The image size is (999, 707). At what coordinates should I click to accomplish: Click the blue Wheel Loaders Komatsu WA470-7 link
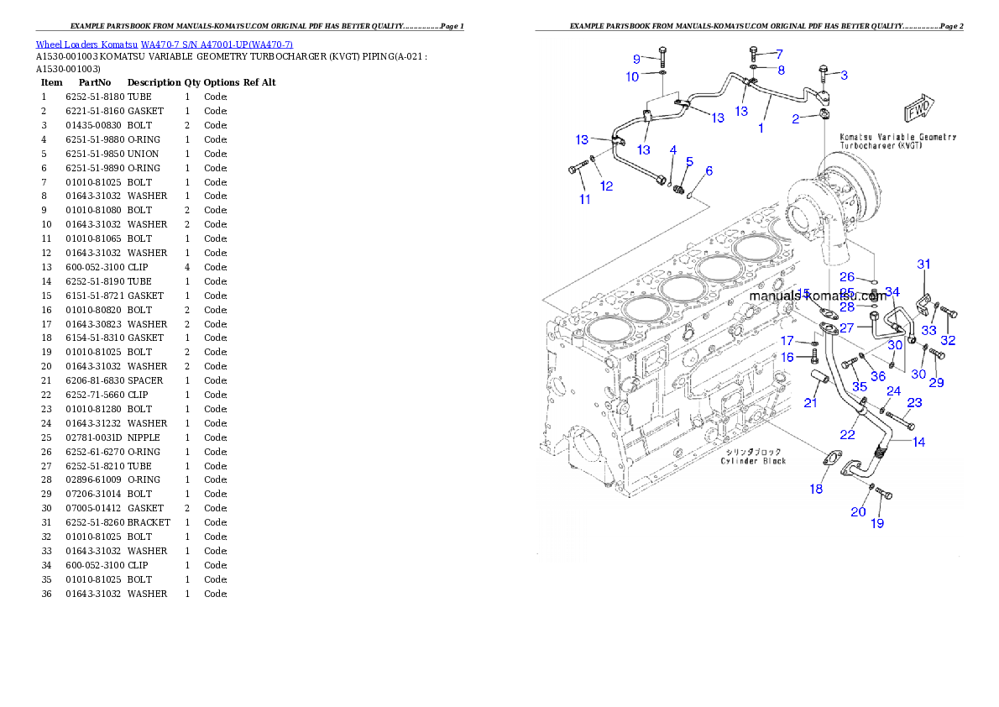(x=164, y=45)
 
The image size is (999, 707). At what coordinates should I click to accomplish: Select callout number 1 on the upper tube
(x=761, y=128)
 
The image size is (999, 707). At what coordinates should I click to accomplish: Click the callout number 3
(x=844, y=75)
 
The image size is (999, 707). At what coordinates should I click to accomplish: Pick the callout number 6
(x=709, y=170)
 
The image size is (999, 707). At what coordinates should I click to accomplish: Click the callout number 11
(x=585, y=200)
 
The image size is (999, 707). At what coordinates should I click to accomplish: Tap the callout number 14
(x=919, y=442)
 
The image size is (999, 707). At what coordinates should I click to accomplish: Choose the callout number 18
(x=816, y=489)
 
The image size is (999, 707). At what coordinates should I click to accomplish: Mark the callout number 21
(x=810, y=403)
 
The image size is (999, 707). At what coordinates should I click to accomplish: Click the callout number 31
(x=923, y=264)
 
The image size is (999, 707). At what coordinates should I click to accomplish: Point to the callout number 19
(x=876, y=524)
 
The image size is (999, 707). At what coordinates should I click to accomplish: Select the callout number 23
(x=914, y=403)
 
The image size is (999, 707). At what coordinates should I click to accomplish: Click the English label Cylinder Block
(x=754, y=461)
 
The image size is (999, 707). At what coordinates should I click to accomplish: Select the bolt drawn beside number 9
(x=662, y=55)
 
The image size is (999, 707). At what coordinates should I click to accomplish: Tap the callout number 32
(x=948, y=340)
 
